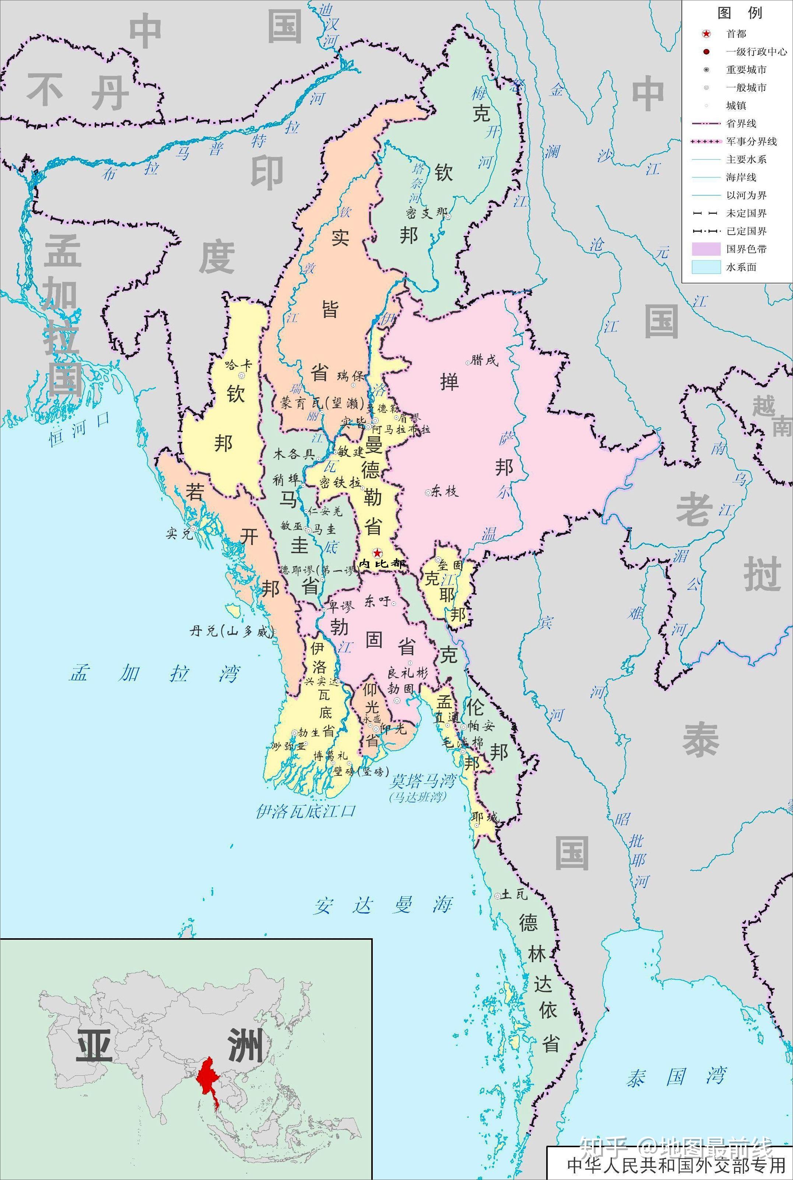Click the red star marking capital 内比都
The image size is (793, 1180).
[377, 552]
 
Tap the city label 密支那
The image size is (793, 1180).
[427, 213]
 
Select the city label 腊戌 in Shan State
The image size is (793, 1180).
[484, 360]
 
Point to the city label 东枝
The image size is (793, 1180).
[445, 491]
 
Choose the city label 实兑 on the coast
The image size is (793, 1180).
[179, 533]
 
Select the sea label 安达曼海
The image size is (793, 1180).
[382, 905]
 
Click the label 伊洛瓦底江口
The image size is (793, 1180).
[305, 811]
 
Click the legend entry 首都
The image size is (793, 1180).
[736, 34]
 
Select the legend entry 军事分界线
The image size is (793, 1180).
[751, 142]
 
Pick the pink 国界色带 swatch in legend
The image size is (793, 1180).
[706, 249]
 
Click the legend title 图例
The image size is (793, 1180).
[739, 13]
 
